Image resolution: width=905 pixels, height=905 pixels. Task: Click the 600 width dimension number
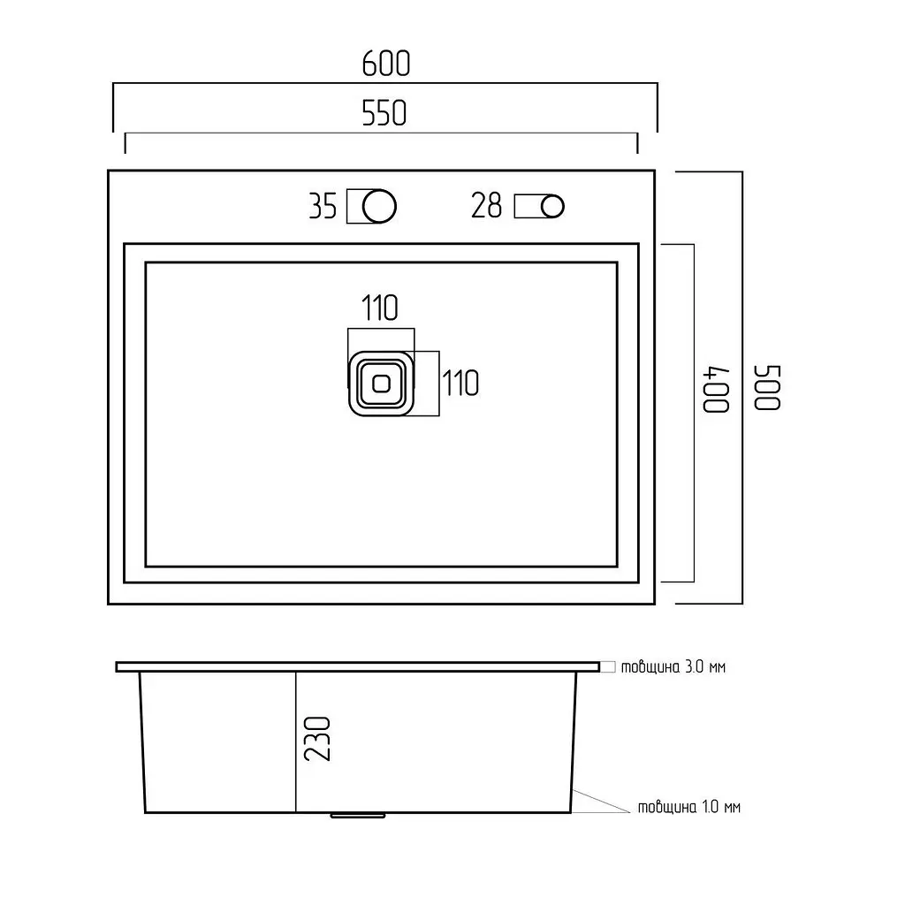(x=386, y=64)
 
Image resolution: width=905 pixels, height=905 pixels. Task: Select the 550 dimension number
(x=384, y=113)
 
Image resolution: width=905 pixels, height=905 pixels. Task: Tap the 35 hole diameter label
(x=323, y=206)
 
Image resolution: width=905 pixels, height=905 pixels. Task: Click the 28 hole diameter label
(x=487, y=205)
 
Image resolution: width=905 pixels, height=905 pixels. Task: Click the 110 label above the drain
(x=380, y=308)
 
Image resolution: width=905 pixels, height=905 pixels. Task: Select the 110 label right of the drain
(x=460, y=384)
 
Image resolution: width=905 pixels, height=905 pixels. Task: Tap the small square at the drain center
(x=382, y=384)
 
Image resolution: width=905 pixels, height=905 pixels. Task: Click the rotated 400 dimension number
(x=716, y=389)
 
